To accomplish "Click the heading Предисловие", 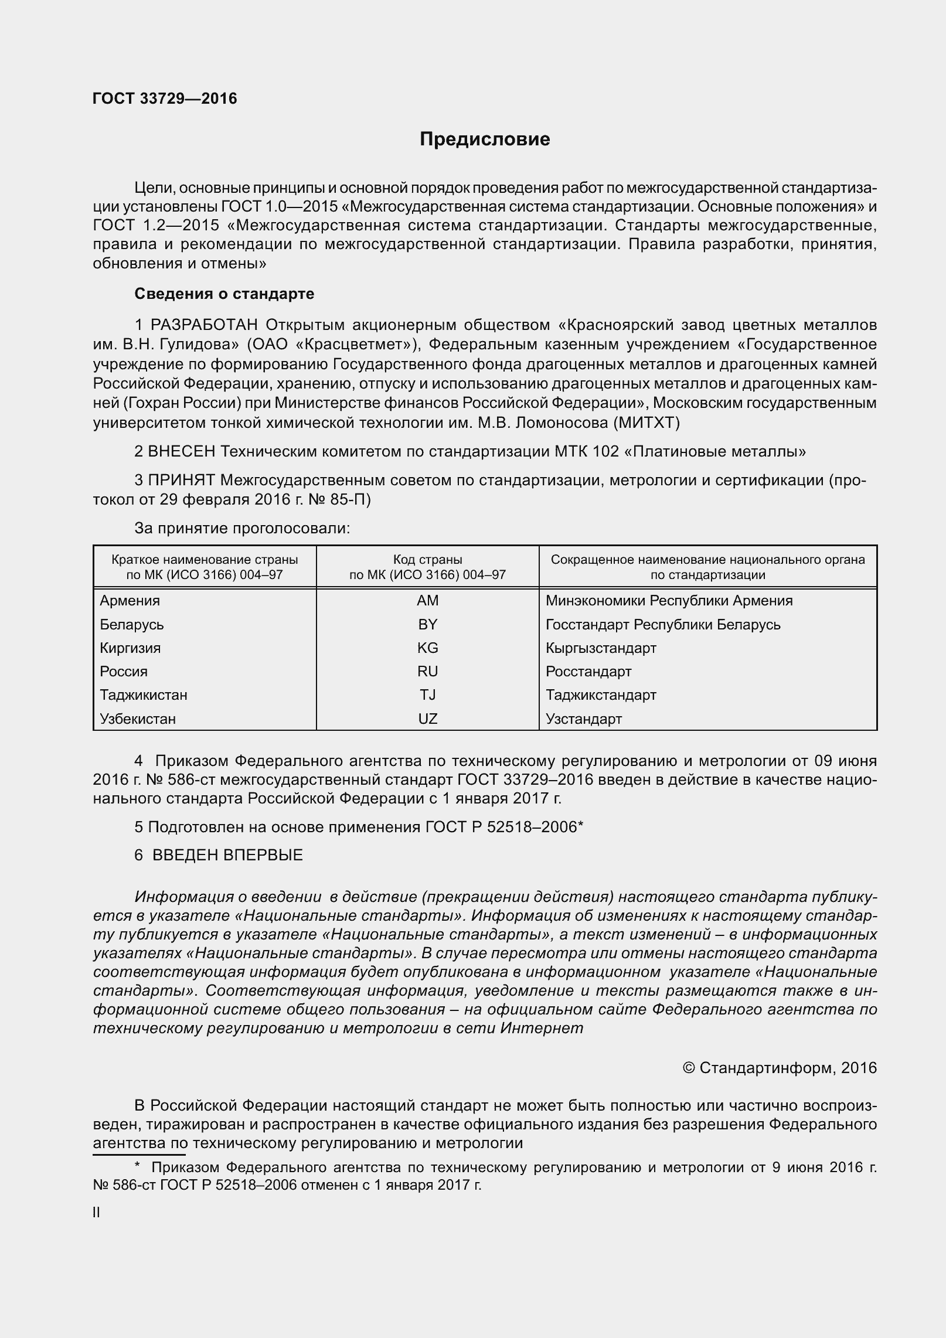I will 485,139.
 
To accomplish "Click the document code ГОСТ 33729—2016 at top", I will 165,99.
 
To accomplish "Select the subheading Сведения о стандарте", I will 224,294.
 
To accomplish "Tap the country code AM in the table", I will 427,601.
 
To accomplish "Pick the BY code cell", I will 427,624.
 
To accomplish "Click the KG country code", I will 427,648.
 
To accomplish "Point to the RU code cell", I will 427,671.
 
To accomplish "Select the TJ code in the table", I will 427,695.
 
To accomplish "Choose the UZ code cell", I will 427,719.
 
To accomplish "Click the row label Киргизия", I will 130,648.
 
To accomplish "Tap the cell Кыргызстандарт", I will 601,648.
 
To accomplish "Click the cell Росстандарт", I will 588,671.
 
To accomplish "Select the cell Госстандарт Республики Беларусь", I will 663,624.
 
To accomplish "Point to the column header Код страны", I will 427,560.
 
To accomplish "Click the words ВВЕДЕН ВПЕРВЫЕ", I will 227,855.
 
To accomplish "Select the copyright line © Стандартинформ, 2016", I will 780,1067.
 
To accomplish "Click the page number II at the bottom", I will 96,1213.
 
